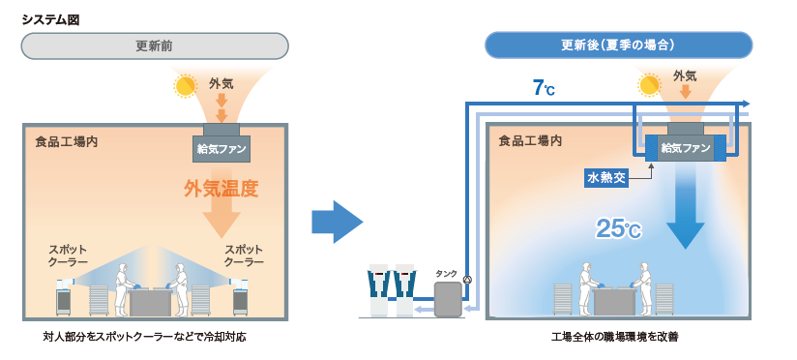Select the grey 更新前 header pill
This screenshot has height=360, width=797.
155,45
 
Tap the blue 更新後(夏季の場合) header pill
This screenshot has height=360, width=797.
618,45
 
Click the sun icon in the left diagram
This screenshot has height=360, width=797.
184,86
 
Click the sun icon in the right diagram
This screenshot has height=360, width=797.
648,86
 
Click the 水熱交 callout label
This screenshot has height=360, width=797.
607,177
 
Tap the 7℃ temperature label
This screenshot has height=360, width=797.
543,88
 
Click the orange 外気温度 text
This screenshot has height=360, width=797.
221,188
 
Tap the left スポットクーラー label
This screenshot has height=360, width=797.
68,255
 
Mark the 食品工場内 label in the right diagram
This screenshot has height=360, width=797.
530,141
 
